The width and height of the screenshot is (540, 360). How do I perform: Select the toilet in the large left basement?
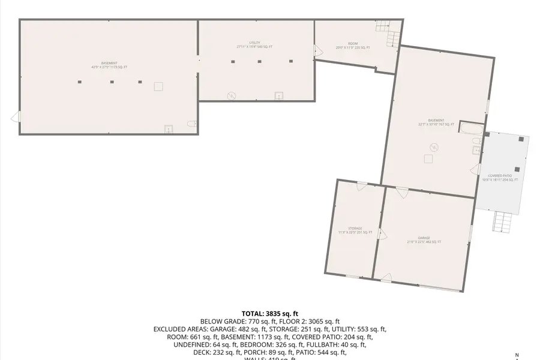pos(191,124)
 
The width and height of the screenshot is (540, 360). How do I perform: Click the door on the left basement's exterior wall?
pos(16,117)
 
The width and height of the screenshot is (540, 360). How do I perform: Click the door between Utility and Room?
pos(317,51)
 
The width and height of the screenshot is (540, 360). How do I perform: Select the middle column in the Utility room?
pos(260,61)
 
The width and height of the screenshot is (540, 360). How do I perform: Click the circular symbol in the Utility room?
pos(232,95)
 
